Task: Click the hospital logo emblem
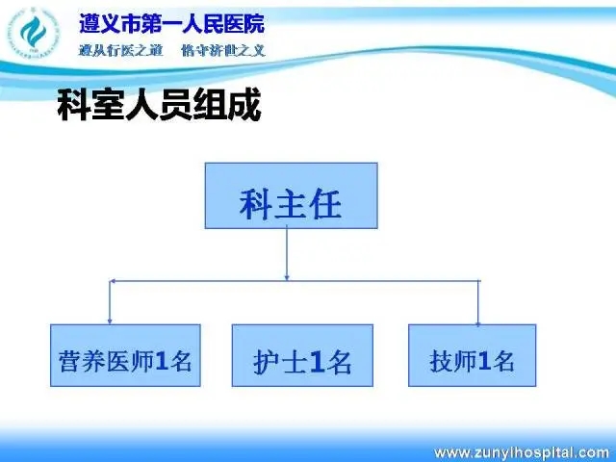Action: (34, 33)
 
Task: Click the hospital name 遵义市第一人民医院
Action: (172, 23)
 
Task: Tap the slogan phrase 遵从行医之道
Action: (120, 50)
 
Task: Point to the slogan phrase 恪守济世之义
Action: (223, 50)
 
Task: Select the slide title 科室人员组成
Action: (159, 105)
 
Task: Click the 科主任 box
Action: (291, 195)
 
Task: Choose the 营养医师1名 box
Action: (125, 355)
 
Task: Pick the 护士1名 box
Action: (302, 355)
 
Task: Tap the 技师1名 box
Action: (473, 355)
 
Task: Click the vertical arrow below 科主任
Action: (287, 254)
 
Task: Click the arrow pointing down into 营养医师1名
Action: (110, 302)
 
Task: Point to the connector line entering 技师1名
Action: (478, 303)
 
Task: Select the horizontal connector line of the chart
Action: (295, 281)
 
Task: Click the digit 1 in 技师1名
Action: (485, 361)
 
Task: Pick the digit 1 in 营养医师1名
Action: (161, 361)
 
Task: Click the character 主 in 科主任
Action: (291, 204)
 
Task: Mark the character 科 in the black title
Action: (73, 105)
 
